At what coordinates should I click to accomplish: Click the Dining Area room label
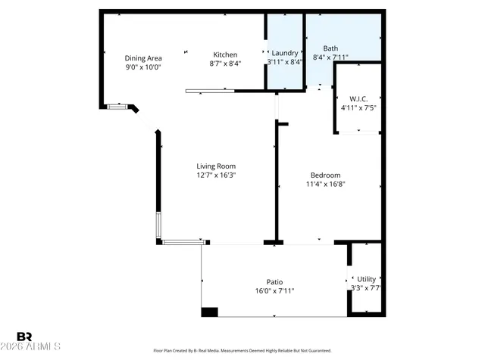[142, 57]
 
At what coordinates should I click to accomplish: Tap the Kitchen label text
[225, 54]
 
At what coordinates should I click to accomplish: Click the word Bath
[330, 47]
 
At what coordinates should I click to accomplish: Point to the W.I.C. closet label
[358, 98]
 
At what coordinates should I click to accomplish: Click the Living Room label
[216, 166]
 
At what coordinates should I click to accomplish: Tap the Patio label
[274, 281]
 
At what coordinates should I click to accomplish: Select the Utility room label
[366, 279]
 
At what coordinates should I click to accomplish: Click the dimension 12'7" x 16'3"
[216, 175]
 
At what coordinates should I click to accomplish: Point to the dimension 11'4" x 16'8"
[326, 184]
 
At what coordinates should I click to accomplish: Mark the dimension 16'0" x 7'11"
[274, 290]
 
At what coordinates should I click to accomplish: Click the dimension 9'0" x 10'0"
[142, 67]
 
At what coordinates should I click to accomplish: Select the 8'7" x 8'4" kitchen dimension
[225, 64]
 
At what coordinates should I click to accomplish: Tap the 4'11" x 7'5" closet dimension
[358, 107]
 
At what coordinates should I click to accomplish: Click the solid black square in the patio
[209, 311]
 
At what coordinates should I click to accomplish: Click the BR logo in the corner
[24, 337]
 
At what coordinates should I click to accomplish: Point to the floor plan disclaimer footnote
[242, 351]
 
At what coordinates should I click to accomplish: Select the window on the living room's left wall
[158, 225]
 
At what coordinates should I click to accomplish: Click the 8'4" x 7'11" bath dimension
[330, 57]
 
